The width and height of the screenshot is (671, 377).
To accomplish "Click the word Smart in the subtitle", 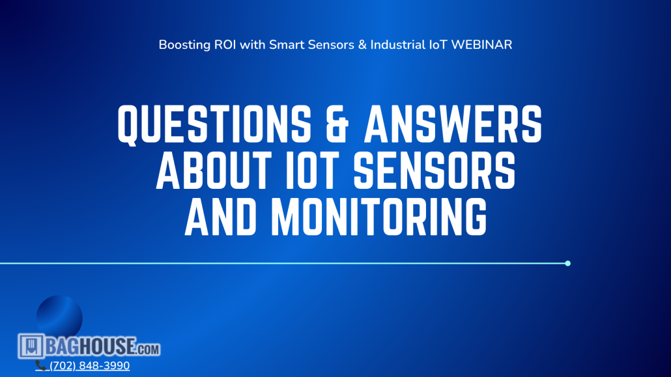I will [x=287, y=46].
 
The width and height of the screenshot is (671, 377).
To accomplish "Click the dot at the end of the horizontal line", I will [x=568, y=263].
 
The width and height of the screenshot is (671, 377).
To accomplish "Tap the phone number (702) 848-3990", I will [x=89, y=366].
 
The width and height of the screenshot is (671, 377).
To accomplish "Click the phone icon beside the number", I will [x=40, y=366].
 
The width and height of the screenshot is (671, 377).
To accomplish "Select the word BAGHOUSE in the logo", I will [x=91, y=346].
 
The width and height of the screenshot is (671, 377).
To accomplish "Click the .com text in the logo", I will [x=148, y=349].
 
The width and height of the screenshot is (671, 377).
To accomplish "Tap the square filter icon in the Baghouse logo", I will [x=31, y=346].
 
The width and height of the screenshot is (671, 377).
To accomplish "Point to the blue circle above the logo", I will [x=59, y=315].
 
